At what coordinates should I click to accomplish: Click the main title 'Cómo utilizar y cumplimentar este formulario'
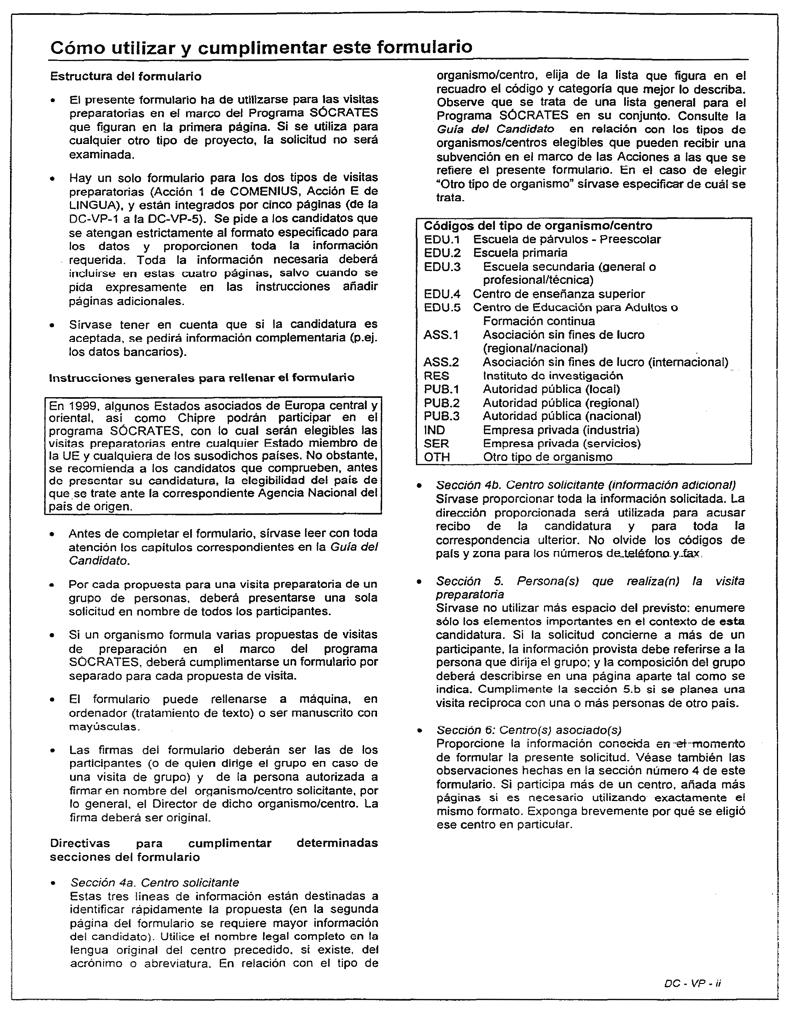click(261, 47)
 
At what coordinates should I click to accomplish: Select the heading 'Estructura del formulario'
click(126, 76)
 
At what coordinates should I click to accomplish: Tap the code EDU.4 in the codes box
click(442, 294)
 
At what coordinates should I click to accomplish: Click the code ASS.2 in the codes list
click(441, 362)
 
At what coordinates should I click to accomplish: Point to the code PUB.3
click(441, 416)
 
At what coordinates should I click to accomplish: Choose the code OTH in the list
click(437, 457)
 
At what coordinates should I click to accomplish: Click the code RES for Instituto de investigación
click(436, 376)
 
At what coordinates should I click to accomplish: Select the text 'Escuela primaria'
click(519, 253)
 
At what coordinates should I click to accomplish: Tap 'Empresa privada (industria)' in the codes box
click(561, 430)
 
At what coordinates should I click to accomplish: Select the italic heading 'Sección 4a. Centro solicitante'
click(154, 882)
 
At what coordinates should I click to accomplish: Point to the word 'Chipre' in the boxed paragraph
click(196, 418)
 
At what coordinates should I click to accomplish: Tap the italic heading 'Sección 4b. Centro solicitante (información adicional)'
click(586, 484)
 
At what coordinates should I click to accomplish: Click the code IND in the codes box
click(434, 430)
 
